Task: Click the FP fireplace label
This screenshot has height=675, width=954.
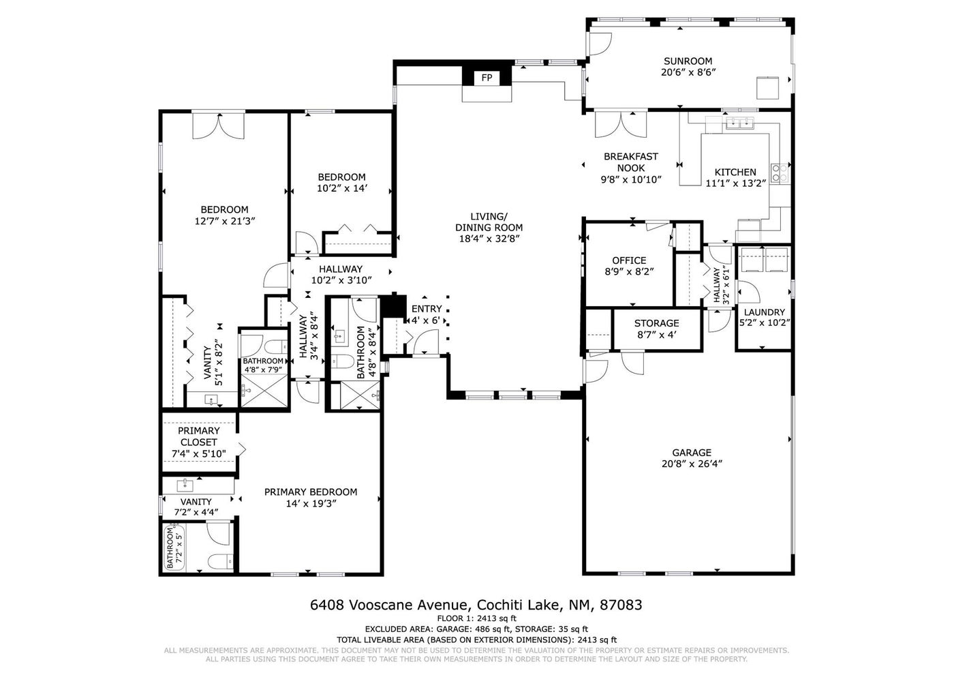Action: [x=487, y=78]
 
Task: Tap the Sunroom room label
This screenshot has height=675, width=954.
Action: [x=688, y=61]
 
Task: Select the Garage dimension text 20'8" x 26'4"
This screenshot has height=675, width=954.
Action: [x=692, y=464]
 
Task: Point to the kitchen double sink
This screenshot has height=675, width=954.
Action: [x=740, y=123]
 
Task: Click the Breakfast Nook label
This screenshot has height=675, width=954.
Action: [x=631, y=162]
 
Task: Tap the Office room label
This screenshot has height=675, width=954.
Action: [x=629, y=260]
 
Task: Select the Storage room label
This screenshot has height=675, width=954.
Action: [x=656, y=323]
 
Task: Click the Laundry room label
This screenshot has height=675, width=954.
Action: [x=765, y=312]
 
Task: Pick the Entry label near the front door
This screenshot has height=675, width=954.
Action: [x=427, y=308]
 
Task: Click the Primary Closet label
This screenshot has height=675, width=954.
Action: [x=198, y=436]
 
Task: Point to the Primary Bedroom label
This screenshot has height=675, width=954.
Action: [x=311, y=492]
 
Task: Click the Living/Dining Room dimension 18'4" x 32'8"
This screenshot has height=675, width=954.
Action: [x=489, y=239]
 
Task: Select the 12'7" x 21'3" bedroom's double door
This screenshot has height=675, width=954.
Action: [x=219, y=125]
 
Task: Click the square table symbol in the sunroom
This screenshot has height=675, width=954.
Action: [x=767, y=88]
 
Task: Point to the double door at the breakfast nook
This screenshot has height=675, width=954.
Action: [x=621, y=124]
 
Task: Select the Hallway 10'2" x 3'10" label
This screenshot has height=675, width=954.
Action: [x=341, y=274]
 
